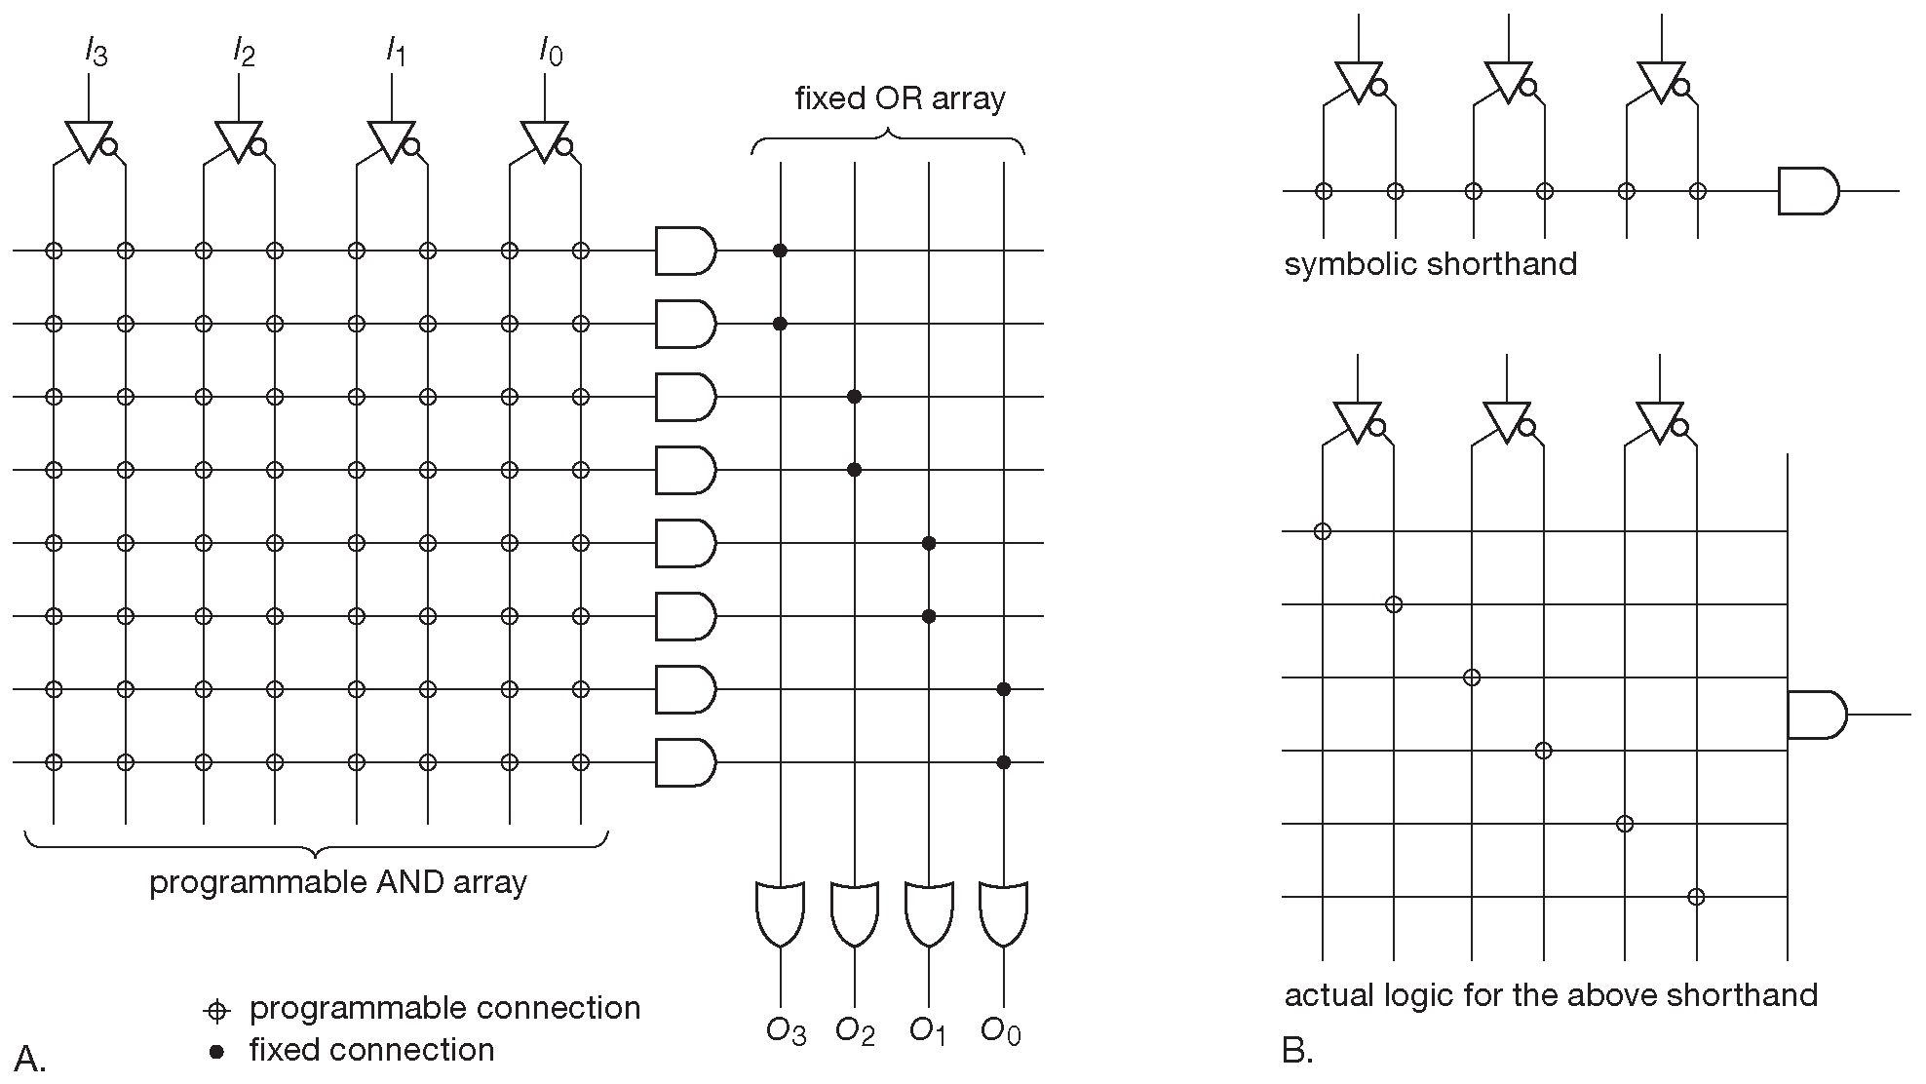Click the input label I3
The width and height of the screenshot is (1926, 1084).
click(95, 51)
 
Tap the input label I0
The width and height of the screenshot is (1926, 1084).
click(551, 51)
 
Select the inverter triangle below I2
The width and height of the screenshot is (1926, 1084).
click(238, 140)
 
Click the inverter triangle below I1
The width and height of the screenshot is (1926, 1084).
click(391, 140)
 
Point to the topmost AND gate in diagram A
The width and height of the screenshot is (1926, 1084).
click(685, 251)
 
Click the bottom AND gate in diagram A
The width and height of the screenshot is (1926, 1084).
click(685, 762)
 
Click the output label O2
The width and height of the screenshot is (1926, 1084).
click(855, 1031)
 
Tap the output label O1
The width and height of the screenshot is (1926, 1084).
click(928, 1031)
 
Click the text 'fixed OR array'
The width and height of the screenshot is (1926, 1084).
click(900, 98)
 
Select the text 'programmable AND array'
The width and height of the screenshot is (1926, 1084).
click(337, 882)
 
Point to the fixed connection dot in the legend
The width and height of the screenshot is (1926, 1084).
click(216, 1052)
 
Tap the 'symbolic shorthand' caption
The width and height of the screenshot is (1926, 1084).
click(1430, 264)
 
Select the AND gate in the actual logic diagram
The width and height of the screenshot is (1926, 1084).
click(1816, 715)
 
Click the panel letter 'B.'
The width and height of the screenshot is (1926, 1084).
click(1297, 1051)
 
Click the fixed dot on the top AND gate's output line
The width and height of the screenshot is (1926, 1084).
click(780, 251)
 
